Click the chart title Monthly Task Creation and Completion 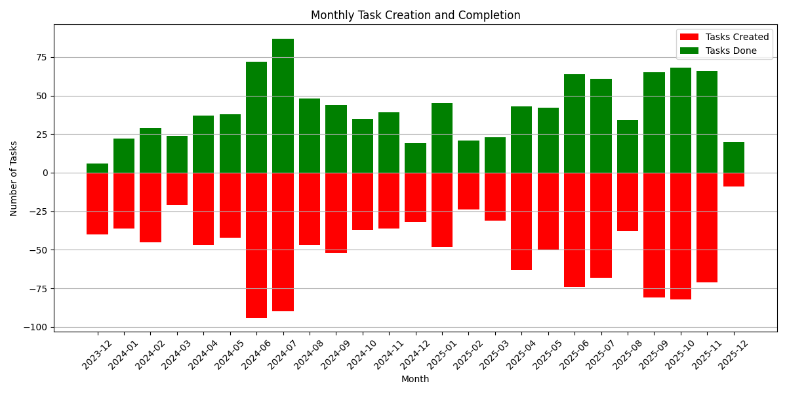415,15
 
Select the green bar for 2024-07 283,106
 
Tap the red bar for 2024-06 256,245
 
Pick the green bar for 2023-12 97,168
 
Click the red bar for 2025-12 733,180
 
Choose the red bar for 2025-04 521,221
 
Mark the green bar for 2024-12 415,158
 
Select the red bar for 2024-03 177,189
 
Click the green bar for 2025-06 575,123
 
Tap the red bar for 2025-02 468,191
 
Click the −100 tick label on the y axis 37,327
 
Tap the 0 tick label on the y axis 45,173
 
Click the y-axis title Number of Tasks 14,178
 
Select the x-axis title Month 415,379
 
